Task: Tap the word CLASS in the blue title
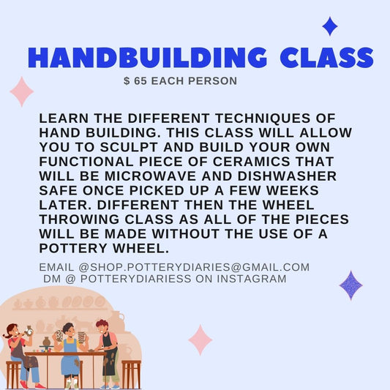tap(322, 57)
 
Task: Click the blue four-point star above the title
tap(330, 27)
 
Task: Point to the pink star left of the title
tap(22, 91)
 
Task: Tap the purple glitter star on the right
tap(351, 285)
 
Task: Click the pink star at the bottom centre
tap(200, 340)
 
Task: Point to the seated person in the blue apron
tap(70, 351)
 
